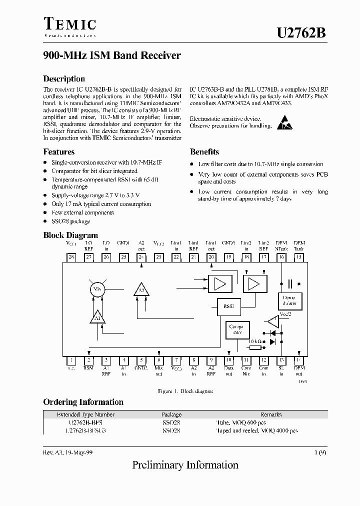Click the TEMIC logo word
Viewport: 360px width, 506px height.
tap(69, 24)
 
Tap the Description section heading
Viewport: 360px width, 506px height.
tap(64, 79)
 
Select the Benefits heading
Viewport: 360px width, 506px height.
tap(204, 152)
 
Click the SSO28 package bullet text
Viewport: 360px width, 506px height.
tap(71, 221)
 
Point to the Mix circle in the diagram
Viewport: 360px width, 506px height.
tap(97, 289)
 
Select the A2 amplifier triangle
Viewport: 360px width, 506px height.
tap(141, 289)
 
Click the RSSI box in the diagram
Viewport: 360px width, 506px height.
tap(228, 305)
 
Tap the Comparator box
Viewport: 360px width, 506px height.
tap(235, 329)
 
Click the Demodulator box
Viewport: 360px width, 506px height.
tap(289, 300)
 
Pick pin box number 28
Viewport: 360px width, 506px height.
tap(71, 257)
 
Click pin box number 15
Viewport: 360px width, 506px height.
tap(299, 257)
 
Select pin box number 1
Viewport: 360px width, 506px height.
tap(71, 359)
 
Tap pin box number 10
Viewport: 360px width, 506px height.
tap(228, 359)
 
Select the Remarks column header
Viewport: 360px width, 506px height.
tap(271, 414)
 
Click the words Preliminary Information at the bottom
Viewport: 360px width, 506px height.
tap(185, 465)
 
